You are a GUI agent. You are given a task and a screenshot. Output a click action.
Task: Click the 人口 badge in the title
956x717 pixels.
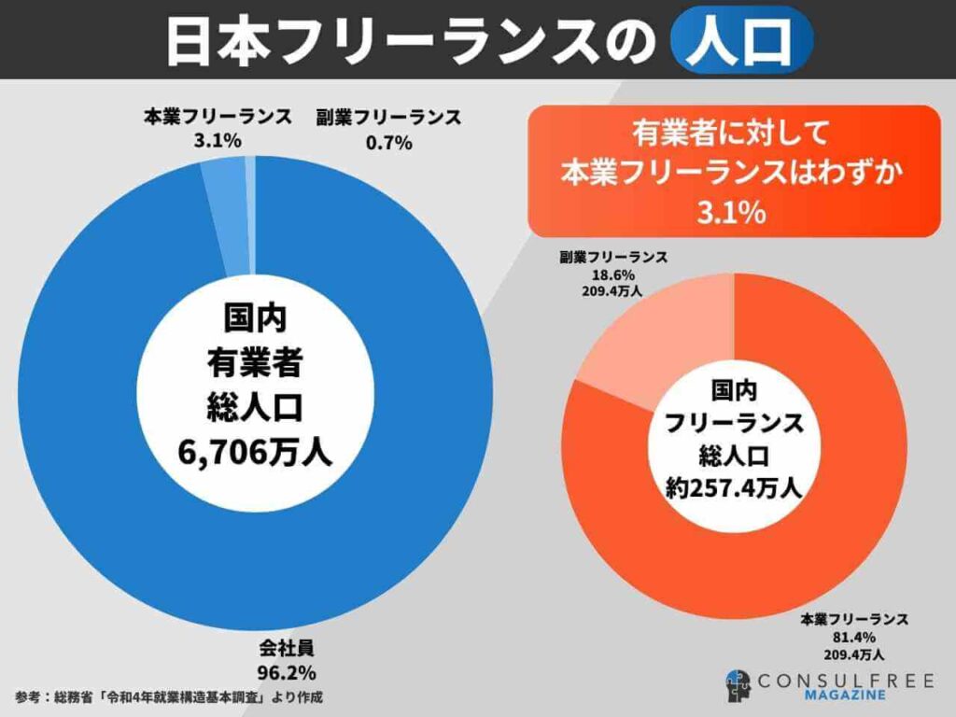coord(741,40)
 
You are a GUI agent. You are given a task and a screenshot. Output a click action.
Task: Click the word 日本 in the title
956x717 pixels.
coord(203,40)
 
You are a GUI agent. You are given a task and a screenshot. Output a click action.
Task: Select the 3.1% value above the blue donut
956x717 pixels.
coord(217,142)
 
